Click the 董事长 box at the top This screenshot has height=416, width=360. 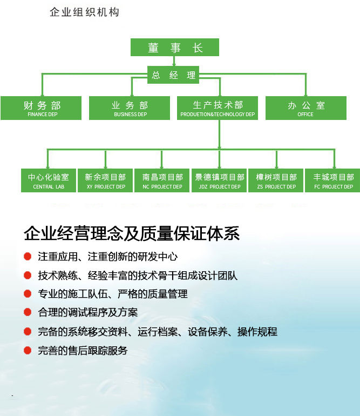[175, 47]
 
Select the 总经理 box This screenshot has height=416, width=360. [174, 75]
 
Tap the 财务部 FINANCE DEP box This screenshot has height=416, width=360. [42, 108]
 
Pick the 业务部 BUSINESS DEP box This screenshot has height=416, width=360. [130, 108]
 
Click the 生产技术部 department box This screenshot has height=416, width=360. [218, 108]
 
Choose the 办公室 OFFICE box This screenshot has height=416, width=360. [305, 108]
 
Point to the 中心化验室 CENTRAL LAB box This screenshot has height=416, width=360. [48, 180]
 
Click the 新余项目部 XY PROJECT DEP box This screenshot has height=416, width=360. [105, 180]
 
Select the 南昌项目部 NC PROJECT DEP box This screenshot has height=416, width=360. [162, 180]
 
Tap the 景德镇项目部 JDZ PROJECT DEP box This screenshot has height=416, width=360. [220, 180]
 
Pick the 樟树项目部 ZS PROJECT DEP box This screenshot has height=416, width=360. [276, 180]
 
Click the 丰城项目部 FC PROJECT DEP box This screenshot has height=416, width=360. [334, 180]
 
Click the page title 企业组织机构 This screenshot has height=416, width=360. [84, 12]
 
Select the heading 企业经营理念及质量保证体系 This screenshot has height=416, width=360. [131, 233]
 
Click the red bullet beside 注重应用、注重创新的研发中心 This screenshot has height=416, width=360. [28, 257]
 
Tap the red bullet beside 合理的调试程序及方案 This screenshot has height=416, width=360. [28, 312]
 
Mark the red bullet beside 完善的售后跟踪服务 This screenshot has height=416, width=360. [28, 351]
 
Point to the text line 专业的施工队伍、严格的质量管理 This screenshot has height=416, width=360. [113, 294]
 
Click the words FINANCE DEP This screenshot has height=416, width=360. [42, 115]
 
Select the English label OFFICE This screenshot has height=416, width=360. [305, 115]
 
